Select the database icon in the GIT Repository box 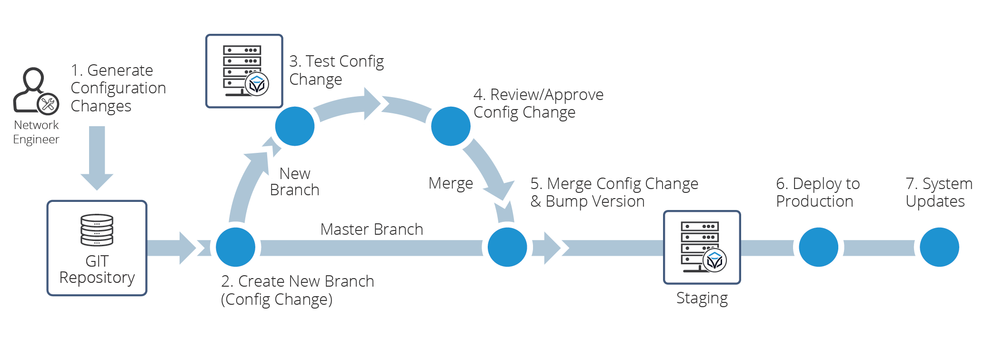click(x=97, y=230)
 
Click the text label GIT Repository click(x=97, y=270)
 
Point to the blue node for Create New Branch click(x=235, y=247)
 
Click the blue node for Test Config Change click(x=295, y=126)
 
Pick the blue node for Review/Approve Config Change click(x=451, y=126)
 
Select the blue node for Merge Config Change click(x=507, y=247)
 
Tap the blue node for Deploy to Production click(x=818, y=247)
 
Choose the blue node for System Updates click(x=939, y=247)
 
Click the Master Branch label click(x=372, y=230)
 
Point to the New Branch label click(x=294, y=182)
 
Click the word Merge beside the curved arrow click(x=451, y=184)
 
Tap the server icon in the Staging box click(x=702, y=247)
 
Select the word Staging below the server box click(x=702, y=299)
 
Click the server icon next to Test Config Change click(x=244, y=71)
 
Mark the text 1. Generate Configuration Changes click(x=118, y=88)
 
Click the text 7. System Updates click(x=938, y=192)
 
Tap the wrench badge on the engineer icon click(x=48, y=104)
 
